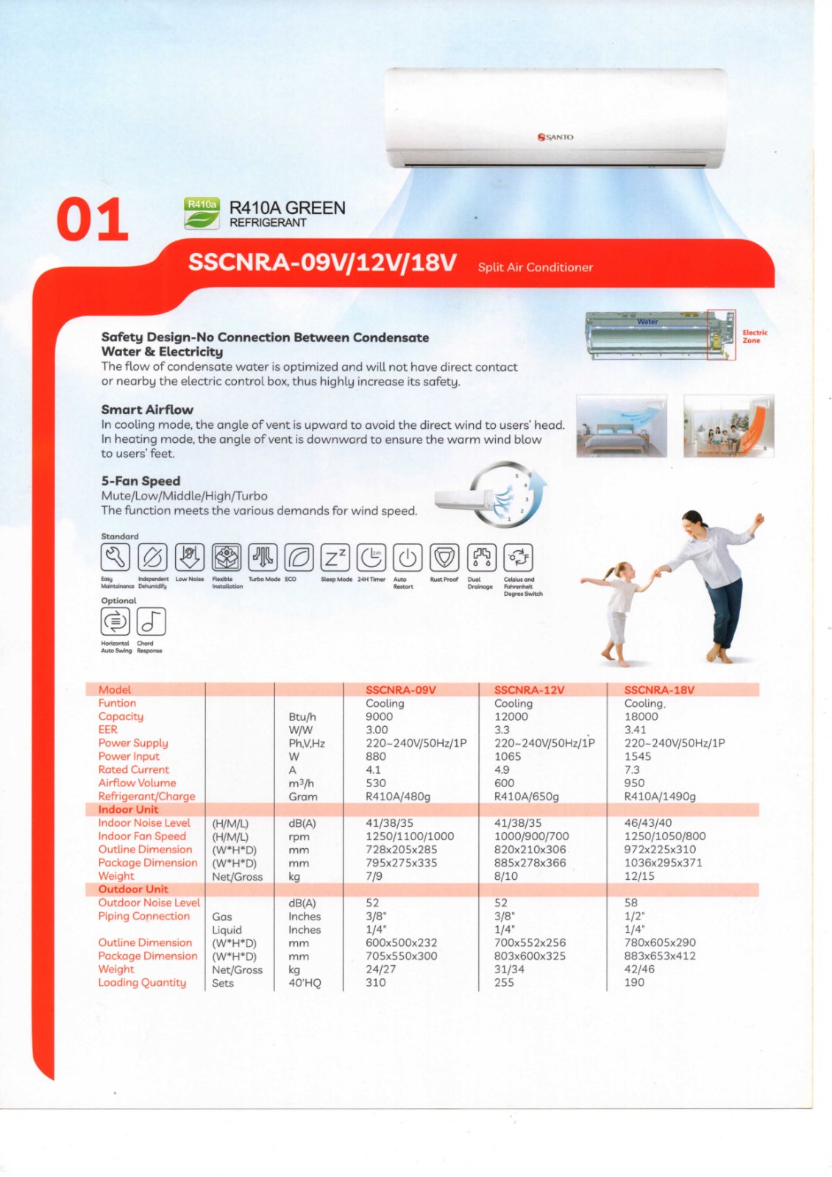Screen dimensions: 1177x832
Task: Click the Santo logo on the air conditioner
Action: (555, 137)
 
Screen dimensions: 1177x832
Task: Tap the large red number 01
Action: (93, 220)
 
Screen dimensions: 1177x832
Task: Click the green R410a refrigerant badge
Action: (202, 213)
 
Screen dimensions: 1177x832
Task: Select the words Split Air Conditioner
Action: (535, 267)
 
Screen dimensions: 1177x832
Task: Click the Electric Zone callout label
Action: (754, 336)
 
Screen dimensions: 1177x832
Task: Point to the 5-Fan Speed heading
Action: (141, 481)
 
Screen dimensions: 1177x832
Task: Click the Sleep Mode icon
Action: (335, 558)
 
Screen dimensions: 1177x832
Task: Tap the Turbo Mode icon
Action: (263, 558)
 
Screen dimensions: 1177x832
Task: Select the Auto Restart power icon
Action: (407, 558)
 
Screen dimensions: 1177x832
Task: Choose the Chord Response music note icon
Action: (151, 622)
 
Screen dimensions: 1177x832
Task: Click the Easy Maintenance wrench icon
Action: (115, 558)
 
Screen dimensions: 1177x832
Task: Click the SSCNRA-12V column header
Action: (529, 690)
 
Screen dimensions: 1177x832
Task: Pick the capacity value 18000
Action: (641, 716)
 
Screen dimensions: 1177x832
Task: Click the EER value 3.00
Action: (377, 730)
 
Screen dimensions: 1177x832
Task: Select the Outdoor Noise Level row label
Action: (149, 903)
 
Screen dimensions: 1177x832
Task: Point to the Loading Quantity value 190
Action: (634, 983)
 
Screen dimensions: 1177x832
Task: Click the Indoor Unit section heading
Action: (128, 810)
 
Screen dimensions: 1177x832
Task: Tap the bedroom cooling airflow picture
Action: (622, 425)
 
